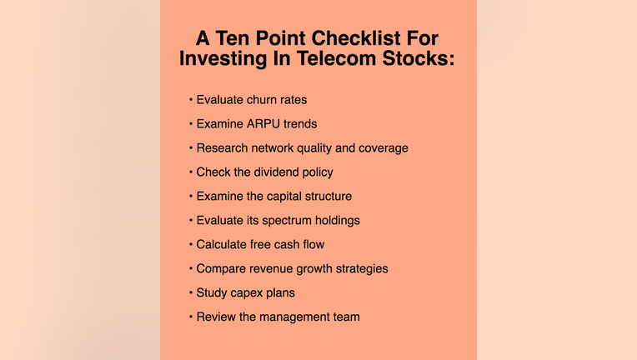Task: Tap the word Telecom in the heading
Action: click(x=336, y=58)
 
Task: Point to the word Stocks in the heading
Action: click(x=418, y=58)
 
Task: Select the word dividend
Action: click(x=276, y=172)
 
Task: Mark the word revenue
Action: click(x=271, y=269)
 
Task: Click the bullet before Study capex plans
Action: click(x=191, y=293)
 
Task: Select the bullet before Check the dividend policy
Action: click(x=191, y=172)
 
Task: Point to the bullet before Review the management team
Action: click(x=191, y=317)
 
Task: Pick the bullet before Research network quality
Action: click(x=191, y=148)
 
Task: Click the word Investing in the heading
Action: click(x=223, y=59)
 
